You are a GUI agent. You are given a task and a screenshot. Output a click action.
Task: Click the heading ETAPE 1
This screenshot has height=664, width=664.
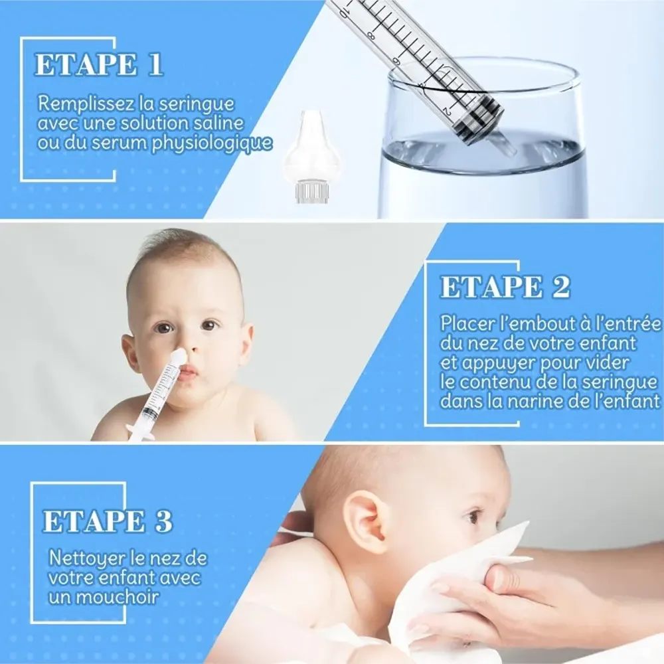click(x=98, y=65)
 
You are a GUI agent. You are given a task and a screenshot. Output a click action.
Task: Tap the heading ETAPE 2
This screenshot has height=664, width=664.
click(x=505, y=287)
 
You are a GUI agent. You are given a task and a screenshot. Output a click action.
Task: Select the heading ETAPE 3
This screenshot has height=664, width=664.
click(x=108, y=521)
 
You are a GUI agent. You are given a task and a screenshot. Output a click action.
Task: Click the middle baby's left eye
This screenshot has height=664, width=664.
click(x=208, y=325)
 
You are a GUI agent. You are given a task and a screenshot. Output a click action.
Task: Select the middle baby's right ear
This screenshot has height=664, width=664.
click(x=130, y=353)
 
